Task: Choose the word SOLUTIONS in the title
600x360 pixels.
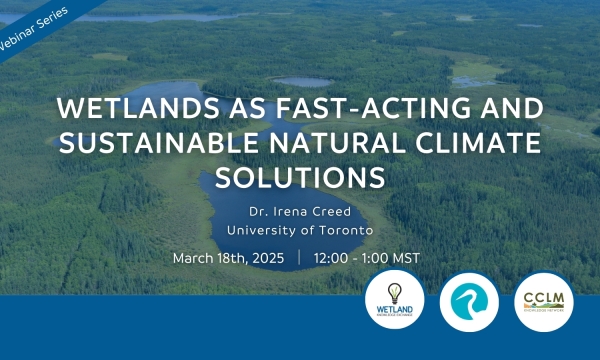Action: point(300,175)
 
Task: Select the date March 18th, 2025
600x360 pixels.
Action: point(228,258)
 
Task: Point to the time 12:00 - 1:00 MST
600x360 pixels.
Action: point(367,258)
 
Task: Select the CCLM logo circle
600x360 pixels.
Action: point(543,299)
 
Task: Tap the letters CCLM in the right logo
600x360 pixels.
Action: point(543,298)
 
